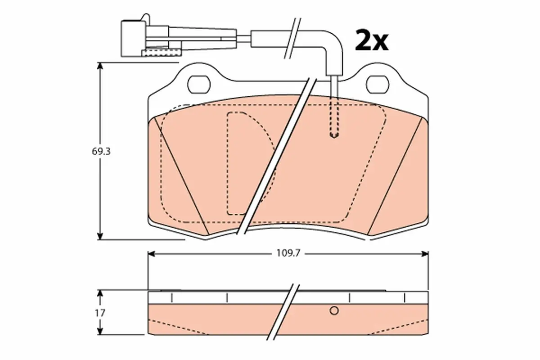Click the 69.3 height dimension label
pyautogui.click(x=101, y=152)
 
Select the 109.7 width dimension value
pyautogui.click(x=288, y=253)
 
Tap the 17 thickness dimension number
pyautogui.click(x=100, y=313)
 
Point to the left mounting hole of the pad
pyautogui.click(x=199, y=85)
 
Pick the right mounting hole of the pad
pyautogui.click(x=378, y=85)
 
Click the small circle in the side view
pyautogui.click(x=334, y=310)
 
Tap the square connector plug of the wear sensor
pyautogui.click(x=133, y=39)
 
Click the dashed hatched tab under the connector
pyautogui.click(x=161, y=52)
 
